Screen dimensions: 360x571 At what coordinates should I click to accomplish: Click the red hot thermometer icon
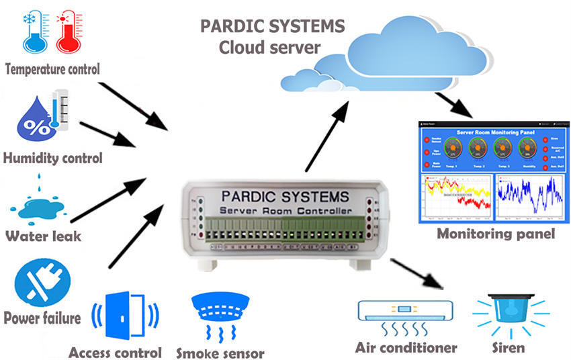click(69, 32)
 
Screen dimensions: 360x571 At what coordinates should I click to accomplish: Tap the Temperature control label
click(52, 69)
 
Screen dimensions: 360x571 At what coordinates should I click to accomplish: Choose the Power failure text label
click(42, 317)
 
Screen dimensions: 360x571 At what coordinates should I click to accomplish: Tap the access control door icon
click(124, 315)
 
